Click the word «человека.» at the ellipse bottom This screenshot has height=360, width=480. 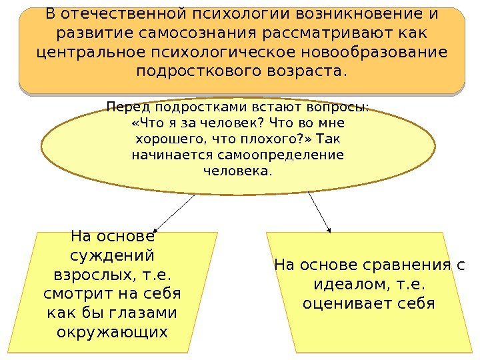point(237,171)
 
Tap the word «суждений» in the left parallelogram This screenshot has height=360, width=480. point(112,256)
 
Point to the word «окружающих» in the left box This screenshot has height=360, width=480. point(112,331)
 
